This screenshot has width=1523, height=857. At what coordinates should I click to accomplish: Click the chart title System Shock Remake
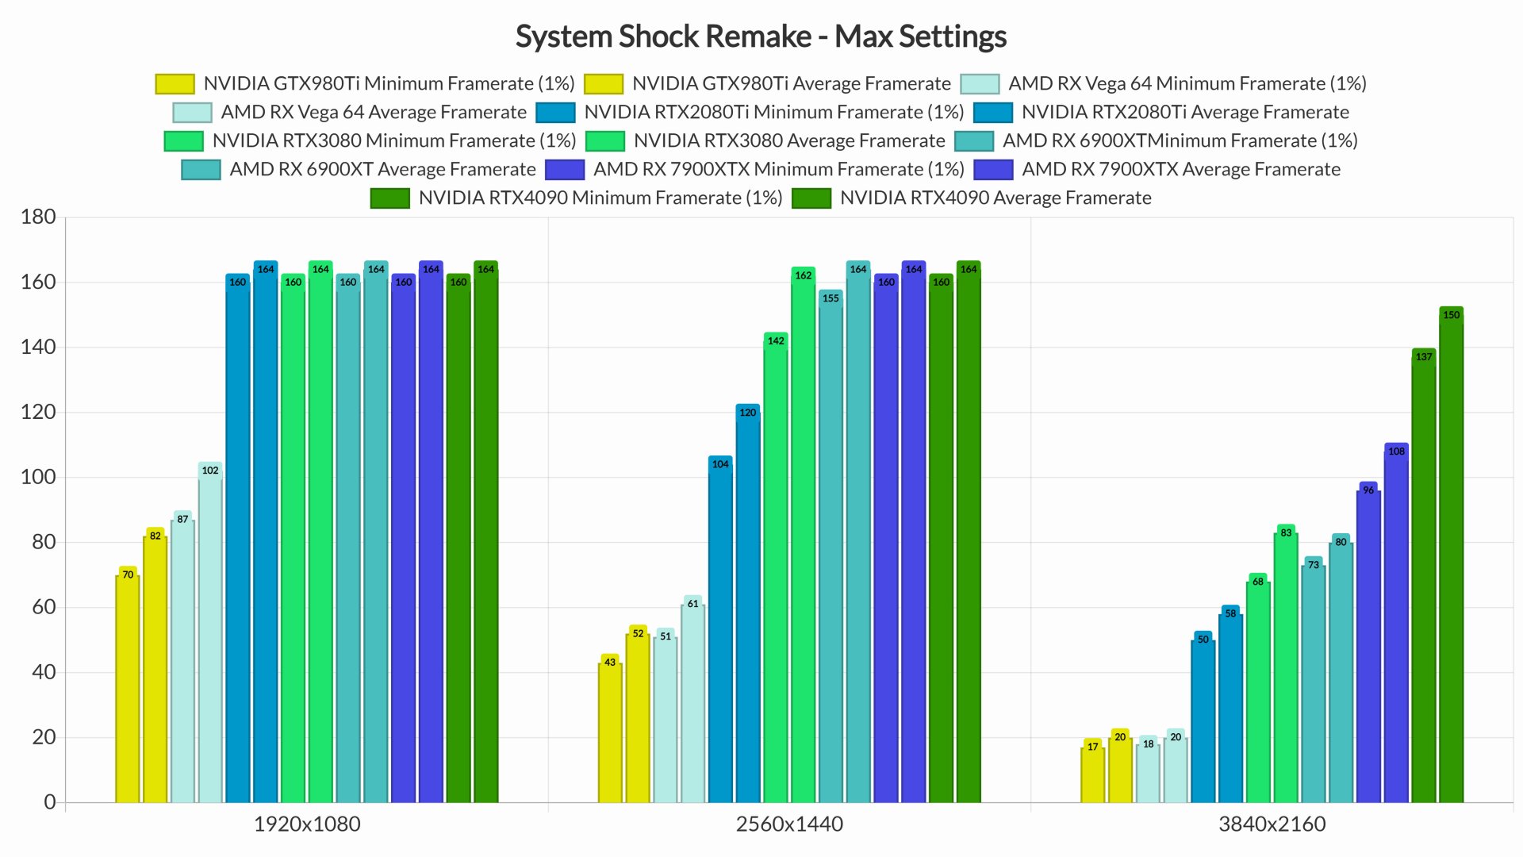[760, 37]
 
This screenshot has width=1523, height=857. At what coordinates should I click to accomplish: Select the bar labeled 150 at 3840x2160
[1451, 555]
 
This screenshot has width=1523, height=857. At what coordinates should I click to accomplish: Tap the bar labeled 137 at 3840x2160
[1423, 579]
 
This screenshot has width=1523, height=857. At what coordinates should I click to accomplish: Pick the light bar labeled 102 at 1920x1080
[209, 635]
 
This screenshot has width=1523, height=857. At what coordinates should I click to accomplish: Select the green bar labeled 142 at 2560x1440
[775, 571]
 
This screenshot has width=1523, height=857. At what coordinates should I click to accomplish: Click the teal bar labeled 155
[831, 548]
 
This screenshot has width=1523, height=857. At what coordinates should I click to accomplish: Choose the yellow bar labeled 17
[1092, 774]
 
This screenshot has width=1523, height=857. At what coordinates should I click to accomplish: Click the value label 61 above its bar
[692, 604]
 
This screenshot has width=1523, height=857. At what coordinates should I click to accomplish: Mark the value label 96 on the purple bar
[1368, 490]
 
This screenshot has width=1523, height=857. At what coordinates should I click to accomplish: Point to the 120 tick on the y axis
[38, 412]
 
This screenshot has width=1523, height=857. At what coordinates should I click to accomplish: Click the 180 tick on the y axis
[38, 217]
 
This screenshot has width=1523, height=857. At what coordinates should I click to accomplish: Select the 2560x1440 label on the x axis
[789, 824]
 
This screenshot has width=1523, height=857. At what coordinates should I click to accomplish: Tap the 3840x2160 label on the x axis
[1272, 824]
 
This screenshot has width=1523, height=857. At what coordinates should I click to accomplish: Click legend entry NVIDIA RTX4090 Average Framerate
[995, 198]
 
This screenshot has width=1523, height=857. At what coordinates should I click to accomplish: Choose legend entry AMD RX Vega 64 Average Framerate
[373, 112]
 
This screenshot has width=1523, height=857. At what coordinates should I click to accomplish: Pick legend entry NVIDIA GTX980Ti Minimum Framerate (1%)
[389, 83]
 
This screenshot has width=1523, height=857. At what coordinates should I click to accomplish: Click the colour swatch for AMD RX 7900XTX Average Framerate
[992, 170]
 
